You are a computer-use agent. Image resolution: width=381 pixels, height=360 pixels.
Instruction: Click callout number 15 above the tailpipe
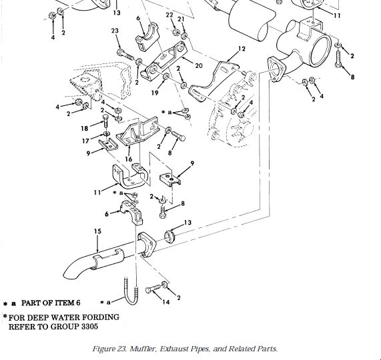point(97,231)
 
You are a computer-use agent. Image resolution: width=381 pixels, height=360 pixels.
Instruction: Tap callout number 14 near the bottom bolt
point(166,302)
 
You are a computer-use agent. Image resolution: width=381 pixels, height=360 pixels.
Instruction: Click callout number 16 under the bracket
point(129,159)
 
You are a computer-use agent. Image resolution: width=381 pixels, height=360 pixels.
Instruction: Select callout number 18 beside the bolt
point(84,129)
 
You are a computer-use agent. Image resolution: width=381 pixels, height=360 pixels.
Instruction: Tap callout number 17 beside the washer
point(85,141)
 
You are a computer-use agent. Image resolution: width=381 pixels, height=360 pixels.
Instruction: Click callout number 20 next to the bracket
point(199,65)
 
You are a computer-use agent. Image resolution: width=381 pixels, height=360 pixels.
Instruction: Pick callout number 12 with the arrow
point(242,49)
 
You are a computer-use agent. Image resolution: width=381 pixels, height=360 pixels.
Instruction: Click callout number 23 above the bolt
point(115,31)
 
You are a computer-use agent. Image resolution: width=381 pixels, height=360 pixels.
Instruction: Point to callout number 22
point(169,15)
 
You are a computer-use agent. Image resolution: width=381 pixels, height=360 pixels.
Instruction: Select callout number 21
point(181,19)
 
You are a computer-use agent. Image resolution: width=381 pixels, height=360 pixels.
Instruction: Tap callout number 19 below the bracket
point(155,93)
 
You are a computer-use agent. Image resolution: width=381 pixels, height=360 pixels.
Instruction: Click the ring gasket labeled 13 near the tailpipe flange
point(169,237)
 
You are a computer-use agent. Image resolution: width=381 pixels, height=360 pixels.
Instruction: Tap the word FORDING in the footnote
point(101,317)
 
